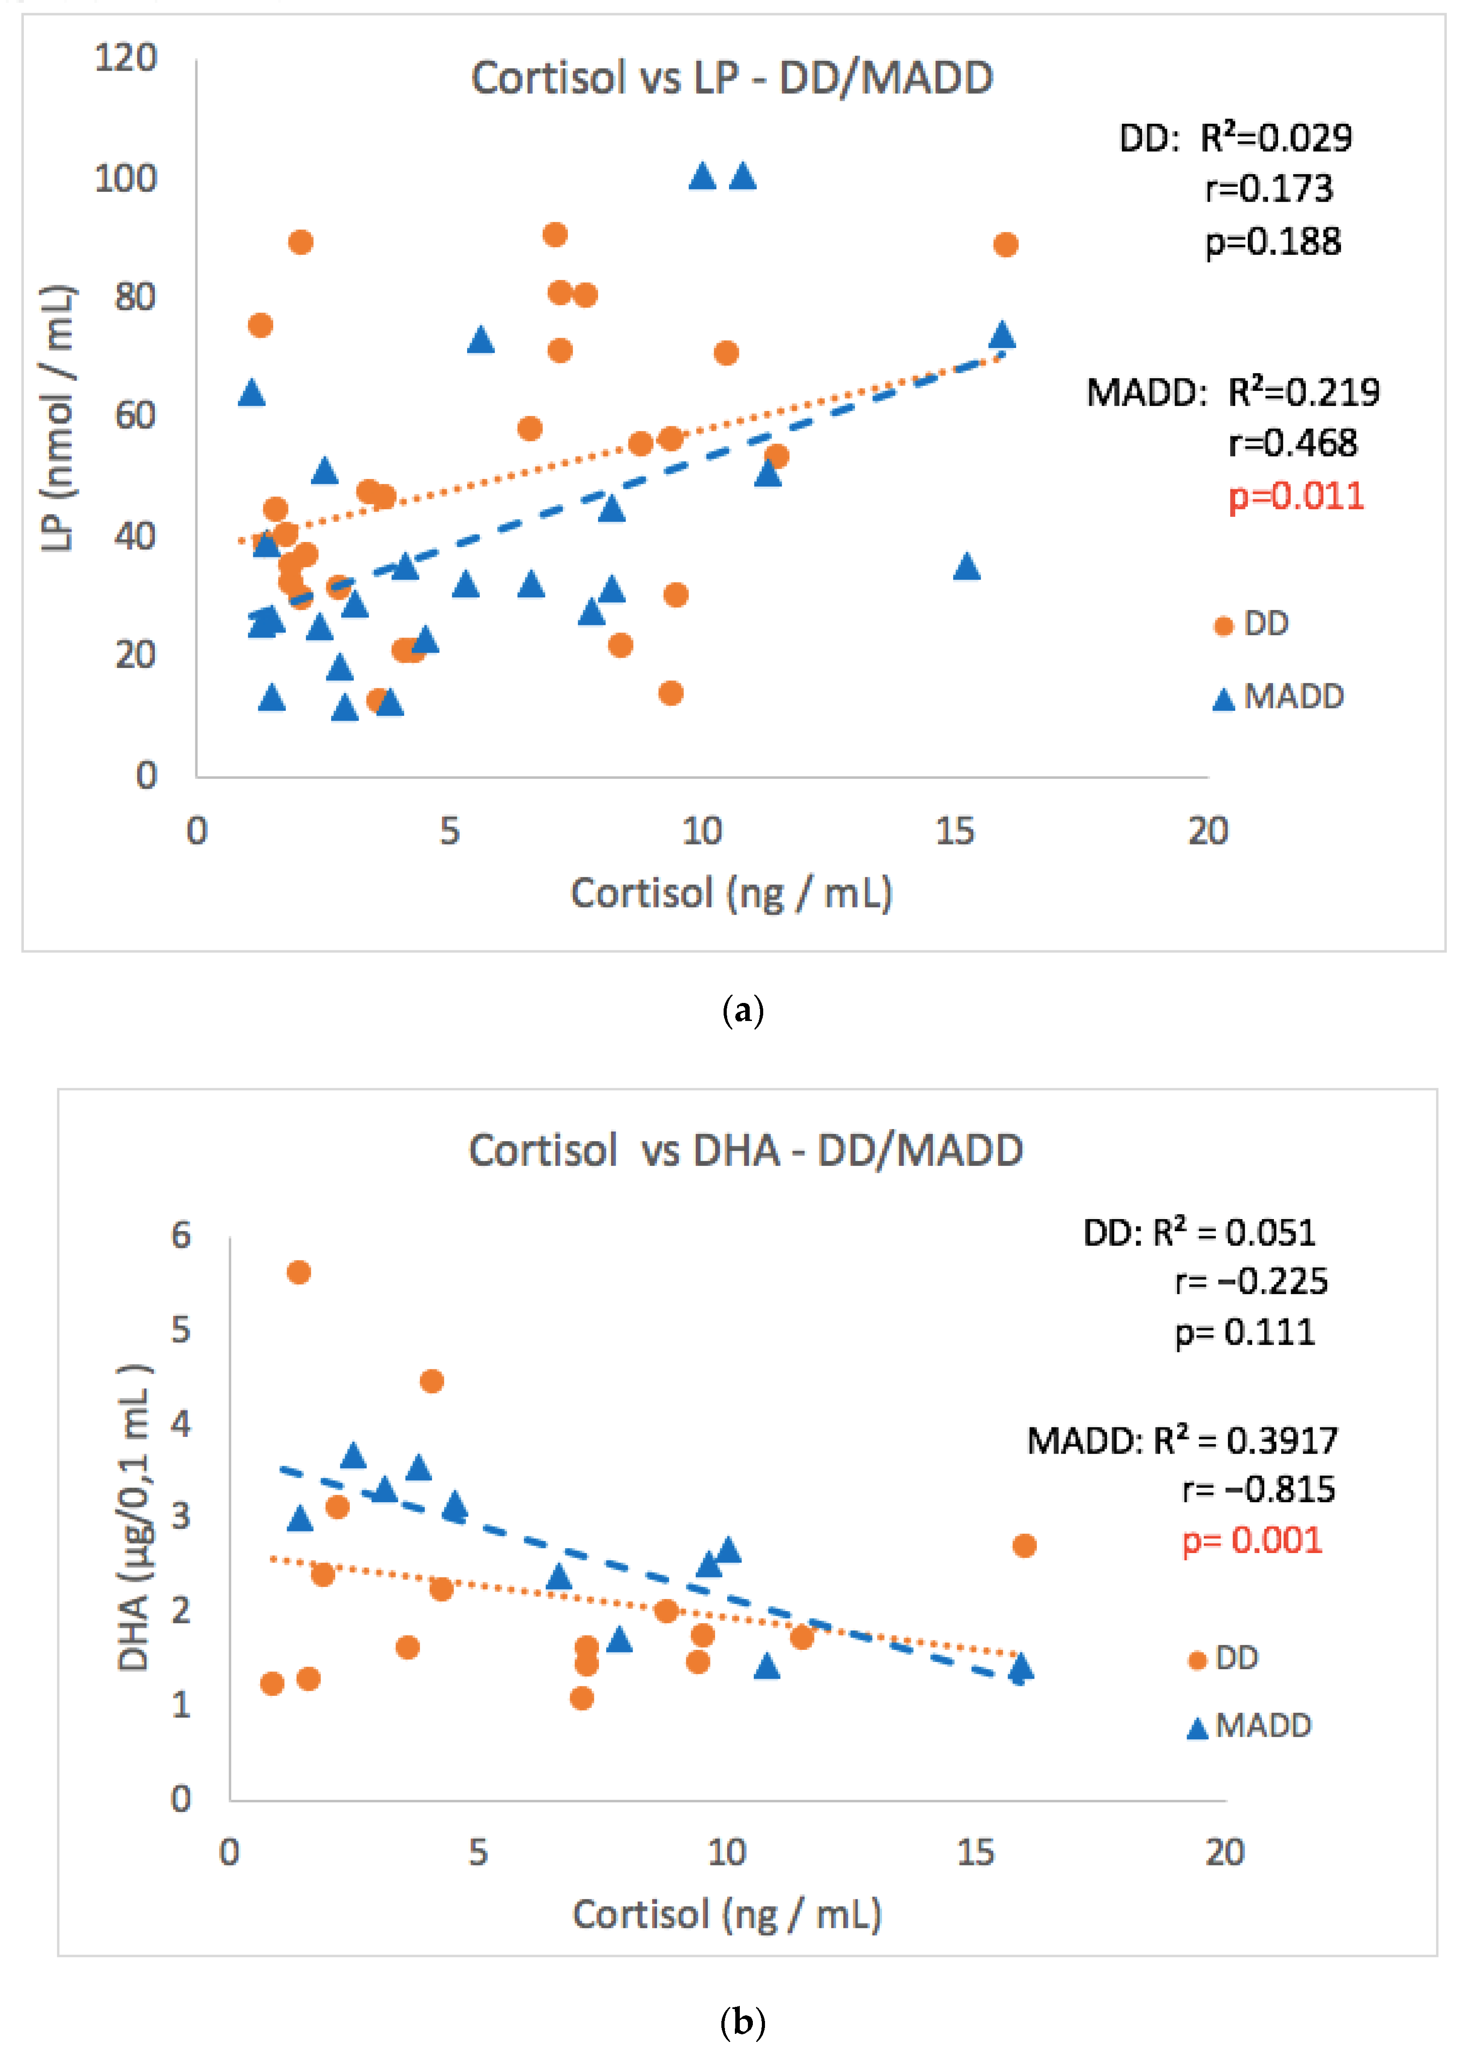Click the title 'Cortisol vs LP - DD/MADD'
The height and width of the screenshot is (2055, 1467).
coord(732,78)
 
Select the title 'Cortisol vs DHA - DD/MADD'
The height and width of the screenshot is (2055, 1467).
coord(745,1151)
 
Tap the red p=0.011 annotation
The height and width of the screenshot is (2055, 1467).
coord(1296,497)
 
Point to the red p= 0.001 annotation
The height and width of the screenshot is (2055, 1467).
coord(1252,1540)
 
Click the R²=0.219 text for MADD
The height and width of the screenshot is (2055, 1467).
coord(1304,392)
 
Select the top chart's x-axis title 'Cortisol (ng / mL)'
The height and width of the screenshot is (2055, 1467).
coord(732,893)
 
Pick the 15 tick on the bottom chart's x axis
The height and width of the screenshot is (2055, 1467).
coord(976,1852)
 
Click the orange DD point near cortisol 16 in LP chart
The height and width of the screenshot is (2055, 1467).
coord(1005,245)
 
